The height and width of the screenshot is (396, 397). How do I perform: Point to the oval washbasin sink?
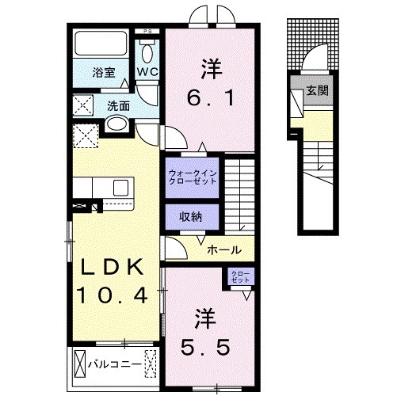[x=116, y=124]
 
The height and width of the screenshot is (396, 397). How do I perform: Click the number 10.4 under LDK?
[x=112, y=297]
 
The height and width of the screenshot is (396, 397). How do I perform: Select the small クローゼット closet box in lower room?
[x=239, y=277]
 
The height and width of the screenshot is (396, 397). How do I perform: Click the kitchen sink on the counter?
[x=121, y=187]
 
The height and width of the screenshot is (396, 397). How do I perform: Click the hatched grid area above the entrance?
[x=314, y=41]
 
